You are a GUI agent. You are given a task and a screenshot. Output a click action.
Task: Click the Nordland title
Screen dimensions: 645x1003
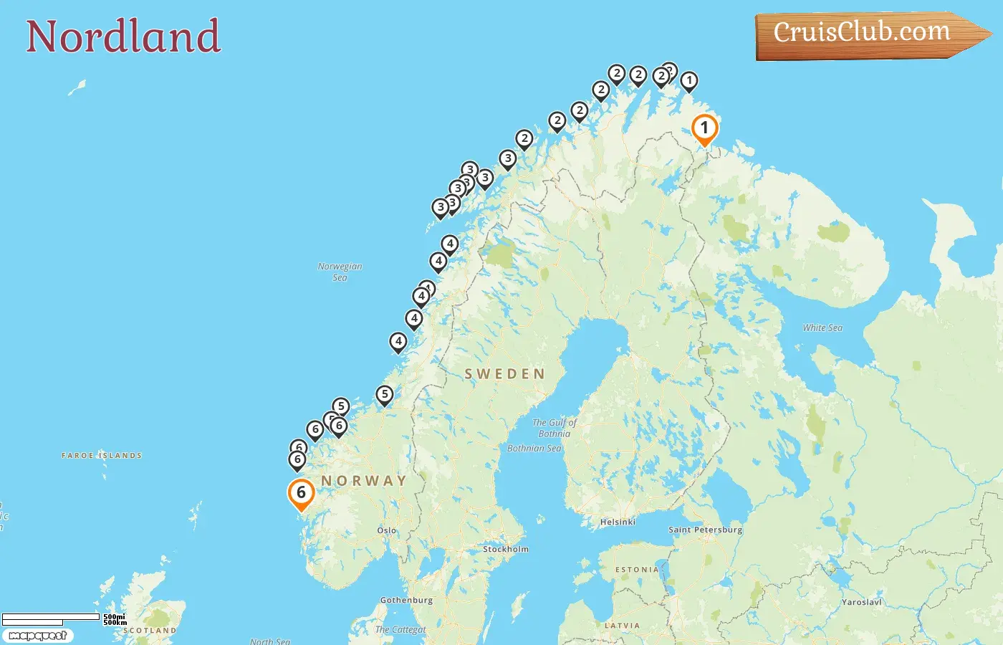[x=123, y=37]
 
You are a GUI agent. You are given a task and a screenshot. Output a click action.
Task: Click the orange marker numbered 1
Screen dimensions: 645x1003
[x=704, y=129]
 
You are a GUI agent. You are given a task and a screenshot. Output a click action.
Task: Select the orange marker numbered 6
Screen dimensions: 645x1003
[x=301, y=493]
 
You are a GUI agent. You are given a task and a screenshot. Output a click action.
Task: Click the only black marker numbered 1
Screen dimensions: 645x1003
[x=688, y=81]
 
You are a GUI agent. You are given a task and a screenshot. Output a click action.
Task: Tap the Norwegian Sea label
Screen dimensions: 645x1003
[x=340, y=272]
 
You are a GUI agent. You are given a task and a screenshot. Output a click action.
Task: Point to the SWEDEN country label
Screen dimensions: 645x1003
[x=504, y=374]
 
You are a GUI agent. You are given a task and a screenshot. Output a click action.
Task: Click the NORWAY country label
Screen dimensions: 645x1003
[x=363, y=481]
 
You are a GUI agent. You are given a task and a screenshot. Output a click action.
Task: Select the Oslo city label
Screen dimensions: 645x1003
[x=387, y=530]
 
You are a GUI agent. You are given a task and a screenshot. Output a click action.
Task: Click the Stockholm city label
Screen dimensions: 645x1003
[x=506, y=549]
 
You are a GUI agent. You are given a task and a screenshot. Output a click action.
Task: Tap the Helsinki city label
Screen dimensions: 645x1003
[x=618, y=522]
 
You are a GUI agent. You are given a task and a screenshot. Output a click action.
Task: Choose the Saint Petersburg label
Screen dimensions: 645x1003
[x=705, y=530]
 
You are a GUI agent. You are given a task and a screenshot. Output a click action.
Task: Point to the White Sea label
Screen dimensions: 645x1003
[x=822, y=328]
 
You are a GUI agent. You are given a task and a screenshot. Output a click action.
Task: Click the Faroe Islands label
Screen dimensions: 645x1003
[x=102, y=455]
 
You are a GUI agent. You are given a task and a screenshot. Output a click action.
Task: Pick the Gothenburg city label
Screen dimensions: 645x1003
[x=406, y=600]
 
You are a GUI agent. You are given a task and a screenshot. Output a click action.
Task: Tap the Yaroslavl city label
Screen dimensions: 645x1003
[x=861, y=602]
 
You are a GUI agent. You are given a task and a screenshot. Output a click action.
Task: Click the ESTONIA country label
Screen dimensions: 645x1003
[x=637, y=570]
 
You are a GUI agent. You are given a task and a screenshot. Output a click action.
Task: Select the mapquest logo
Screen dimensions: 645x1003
[x=37, y=636]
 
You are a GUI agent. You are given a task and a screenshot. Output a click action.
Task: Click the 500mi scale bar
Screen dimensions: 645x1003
[x=51, y=617]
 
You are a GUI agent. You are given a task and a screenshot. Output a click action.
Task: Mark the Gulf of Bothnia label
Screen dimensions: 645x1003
[x=555, y=428]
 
